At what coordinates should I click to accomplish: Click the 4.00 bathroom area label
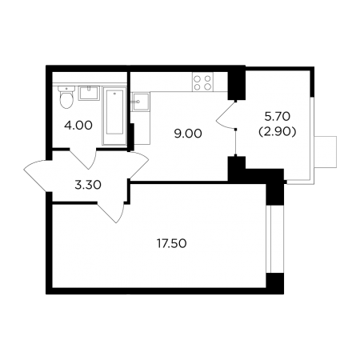click(78, 126)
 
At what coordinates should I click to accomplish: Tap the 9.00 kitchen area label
click(188, 134)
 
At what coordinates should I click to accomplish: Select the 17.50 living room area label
click(171, 243)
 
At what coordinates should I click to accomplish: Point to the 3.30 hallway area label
click(88, 185)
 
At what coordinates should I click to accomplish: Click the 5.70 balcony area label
click(278, 116)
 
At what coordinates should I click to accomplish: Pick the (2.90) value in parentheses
click(278, 132)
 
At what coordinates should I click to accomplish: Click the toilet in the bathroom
click(66, 98)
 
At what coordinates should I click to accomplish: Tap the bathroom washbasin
click(89, 93)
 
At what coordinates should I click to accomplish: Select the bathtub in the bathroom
click(114, 116)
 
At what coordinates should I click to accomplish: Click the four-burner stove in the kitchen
click(202, 82)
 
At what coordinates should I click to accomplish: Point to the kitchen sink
click(140, 102)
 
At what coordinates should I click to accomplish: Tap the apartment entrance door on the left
click(38, 175)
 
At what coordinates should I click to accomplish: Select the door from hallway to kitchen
click(138, 166)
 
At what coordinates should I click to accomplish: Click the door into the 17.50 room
click(111, 212)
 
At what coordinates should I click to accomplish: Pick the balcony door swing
click(226, 115)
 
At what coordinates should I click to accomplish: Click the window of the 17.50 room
click(269, 239)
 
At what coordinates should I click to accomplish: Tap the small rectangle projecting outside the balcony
click(326, 152)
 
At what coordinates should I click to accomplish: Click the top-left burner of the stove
click(198, 78)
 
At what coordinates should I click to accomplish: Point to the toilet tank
click(66, 89)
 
